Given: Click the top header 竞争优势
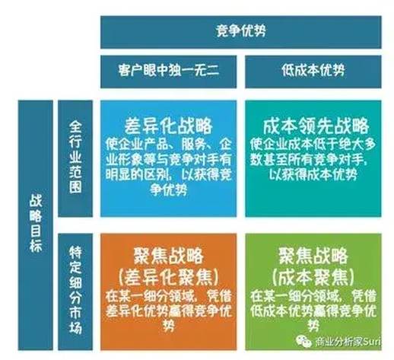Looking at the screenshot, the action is coord(240,31).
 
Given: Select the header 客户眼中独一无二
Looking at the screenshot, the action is coord(169,70).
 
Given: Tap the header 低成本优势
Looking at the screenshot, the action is coord(313,70).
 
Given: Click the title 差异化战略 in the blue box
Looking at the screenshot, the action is coord(168,126).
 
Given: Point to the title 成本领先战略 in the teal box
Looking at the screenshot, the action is coord(316,126).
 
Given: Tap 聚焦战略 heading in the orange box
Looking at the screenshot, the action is coord(168,256).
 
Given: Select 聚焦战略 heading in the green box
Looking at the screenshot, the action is coord(313,256).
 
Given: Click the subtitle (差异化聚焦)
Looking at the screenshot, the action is coord(168,277).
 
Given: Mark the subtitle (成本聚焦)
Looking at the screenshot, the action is coord(313,277).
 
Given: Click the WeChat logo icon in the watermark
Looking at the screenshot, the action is coord(303,342).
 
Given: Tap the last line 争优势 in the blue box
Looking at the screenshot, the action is coord(168,190).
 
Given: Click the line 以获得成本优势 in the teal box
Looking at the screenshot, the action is coord(313,174).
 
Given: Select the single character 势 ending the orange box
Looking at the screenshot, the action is coord(168,325).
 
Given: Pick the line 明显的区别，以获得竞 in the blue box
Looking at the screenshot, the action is coord(168,174).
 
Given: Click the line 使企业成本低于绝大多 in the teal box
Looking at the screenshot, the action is coord(313,145).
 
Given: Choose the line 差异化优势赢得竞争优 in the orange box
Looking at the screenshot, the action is coord(168,311).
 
